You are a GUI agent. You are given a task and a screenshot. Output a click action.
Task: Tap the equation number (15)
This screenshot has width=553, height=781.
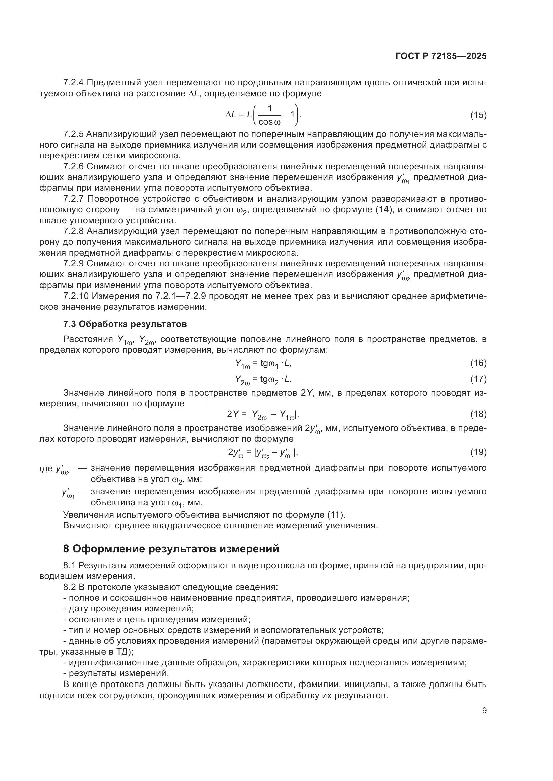pos(478,115)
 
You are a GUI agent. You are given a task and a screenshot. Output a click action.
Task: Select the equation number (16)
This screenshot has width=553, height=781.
pos(478,363)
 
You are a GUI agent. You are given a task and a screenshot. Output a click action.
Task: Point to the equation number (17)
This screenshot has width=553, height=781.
pos(478,379)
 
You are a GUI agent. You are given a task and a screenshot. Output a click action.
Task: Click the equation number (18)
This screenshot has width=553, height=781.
pos(478,414)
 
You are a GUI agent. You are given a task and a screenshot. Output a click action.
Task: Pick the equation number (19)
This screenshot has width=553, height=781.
pos(478,452)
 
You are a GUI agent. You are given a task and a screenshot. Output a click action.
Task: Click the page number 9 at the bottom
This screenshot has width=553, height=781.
pos(484,711)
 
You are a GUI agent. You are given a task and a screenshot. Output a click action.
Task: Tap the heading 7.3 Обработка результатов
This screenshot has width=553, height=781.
pos(125,324)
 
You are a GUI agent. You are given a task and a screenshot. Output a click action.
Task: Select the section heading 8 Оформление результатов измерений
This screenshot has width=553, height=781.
pos(171,549)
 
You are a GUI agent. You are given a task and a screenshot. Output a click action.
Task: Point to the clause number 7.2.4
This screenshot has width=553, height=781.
pos(73,83)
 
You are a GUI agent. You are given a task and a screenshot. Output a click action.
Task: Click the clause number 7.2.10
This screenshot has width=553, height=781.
pos(76,296)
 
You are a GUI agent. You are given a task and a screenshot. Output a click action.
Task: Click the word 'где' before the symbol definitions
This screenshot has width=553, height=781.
pos(46,469)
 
